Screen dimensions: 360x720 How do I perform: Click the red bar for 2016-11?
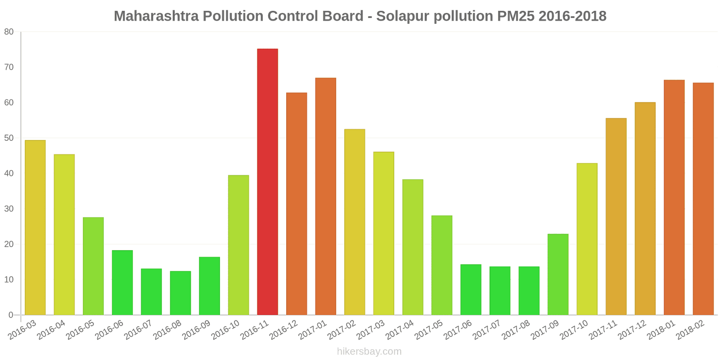point(267,182)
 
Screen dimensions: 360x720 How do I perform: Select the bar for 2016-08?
point(180,293)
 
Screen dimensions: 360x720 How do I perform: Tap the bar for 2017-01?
point(325,197)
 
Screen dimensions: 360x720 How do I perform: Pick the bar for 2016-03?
point(35,228)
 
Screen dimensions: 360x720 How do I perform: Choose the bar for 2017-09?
point(558,274)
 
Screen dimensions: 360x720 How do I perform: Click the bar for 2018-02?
point(703,199)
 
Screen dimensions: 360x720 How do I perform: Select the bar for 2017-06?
point(471,290)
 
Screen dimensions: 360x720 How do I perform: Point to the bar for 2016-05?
point(93,266)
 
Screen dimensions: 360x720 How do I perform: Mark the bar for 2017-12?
point(645,209)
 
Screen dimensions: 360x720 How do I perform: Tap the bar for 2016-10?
point(238,245)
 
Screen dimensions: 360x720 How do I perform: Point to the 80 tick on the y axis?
point(9,32)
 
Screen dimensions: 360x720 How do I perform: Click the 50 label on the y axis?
point(9,138)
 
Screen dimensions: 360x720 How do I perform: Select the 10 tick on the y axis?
point(9,279)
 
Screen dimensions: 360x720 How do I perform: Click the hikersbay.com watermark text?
point(369,351)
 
